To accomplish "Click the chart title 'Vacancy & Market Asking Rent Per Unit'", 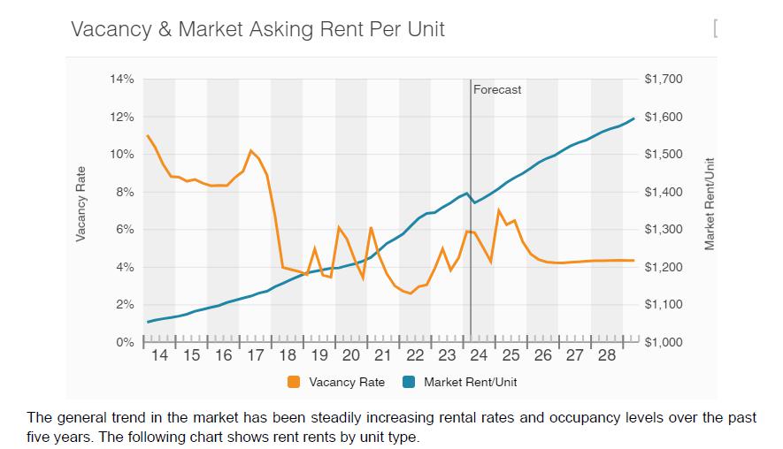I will [257, 29].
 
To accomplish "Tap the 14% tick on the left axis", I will [121, 80].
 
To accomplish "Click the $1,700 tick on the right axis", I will [664, 80].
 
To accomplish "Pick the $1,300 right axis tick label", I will [664, 230].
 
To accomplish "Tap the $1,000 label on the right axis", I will [664, 342].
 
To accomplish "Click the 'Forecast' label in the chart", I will [497, 90].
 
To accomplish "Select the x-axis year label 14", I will [159, 356].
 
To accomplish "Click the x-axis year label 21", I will [383, 356].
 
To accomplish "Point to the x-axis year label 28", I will [607, 356].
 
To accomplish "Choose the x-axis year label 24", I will [479, 356].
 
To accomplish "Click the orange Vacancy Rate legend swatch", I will [294, 383].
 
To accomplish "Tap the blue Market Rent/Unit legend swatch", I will [409, 383].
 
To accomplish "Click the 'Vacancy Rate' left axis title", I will [81, 203].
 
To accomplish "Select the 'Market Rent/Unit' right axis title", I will [709, 203].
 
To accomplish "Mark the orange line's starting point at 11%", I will [147, 135].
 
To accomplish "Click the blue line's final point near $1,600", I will [633, 118].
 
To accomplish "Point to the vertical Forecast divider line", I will [470, 212].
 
